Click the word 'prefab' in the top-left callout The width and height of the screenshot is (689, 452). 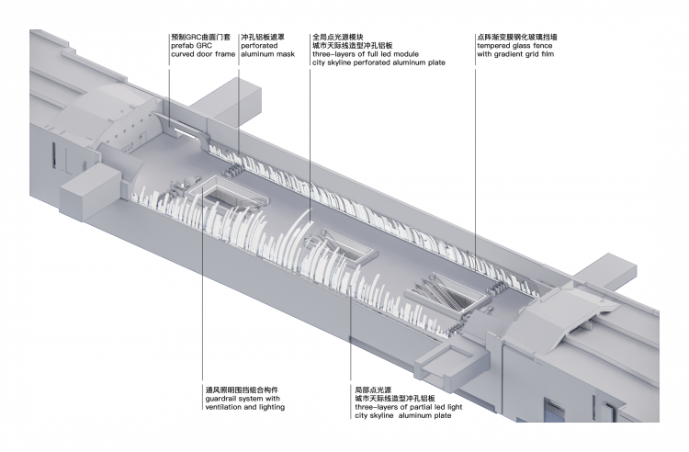coord(183,45)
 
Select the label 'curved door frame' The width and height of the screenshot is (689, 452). coord(201,53)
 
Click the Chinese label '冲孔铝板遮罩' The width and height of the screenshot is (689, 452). coord(262,36)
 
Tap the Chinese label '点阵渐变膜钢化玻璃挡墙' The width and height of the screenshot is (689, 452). coord(519,36)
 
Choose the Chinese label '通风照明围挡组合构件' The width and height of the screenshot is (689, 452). coord(242,390)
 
